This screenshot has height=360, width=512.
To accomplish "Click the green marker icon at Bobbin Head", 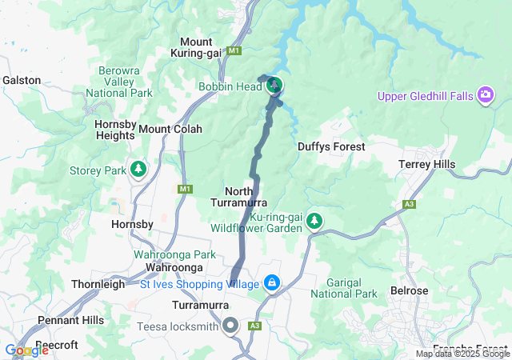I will tap(274, 85).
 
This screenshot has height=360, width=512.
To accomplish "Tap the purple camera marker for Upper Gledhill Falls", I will tap(485, 97).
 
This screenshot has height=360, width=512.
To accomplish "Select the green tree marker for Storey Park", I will tap(139, 170).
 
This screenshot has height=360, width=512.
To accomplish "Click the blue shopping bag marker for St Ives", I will tap(272, 284).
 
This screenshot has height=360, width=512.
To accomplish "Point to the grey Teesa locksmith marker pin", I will tap(231, 326).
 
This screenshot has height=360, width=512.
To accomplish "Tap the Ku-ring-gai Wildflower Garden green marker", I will tap(315, 221).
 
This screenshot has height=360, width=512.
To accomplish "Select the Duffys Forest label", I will tap(331, 146).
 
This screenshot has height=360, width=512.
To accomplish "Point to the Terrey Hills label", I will tap(426, 164).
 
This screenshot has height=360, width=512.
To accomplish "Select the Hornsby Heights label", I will tap(116, 130).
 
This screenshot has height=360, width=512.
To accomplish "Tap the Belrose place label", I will tap(410, 290).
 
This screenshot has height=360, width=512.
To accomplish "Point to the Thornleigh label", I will tap(98, 284).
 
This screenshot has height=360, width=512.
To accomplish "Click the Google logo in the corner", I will tap(26, 350).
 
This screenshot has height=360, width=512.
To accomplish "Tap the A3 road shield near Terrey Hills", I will tap(410, 205).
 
